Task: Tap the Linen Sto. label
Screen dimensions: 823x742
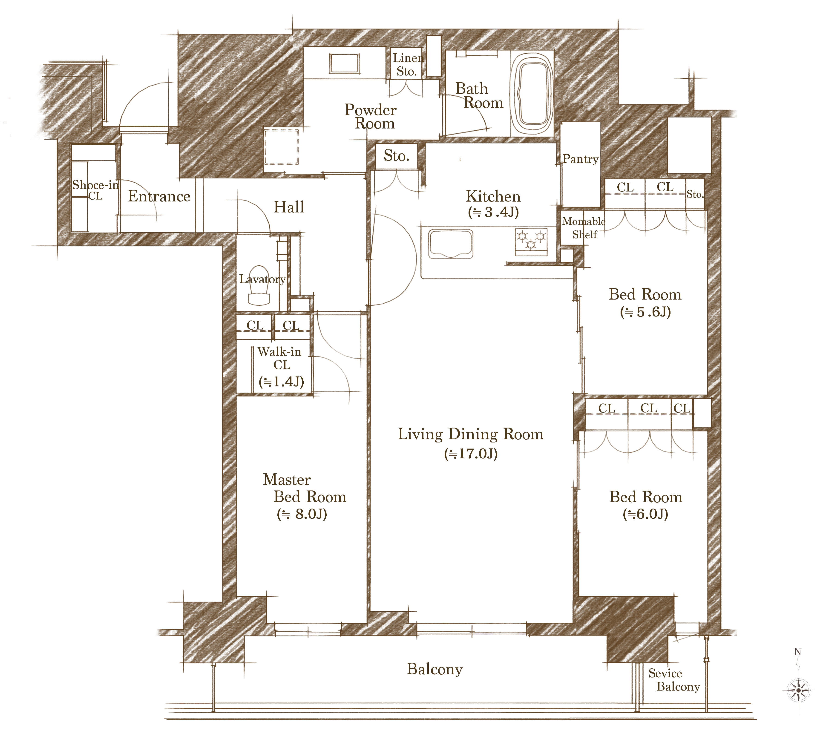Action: pyautogui.click(x=408, y=65)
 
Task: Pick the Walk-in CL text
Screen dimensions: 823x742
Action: pyautogui.click(x=280, y=358)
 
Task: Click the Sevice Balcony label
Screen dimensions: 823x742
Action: pyautogui.click(x=674, y=680)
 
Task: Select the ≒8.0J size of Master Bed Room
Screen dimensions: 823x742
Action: pyautogui.click(x=302, y=514)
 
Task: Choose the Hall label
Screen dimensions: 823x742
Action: pyautogui.click(x=289, y=207)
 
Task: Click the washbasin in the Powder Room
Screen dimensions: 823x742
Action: pyautogui.click(x=344, y=64)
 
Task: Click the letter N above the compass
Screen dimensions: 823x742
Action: pyautogui.click(x=797, y=652)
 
